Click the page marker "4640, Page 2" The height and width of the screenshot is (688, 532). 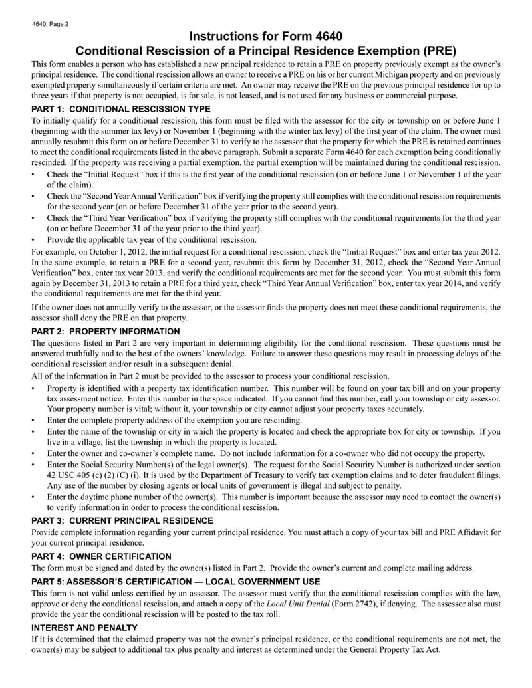click(50, 24)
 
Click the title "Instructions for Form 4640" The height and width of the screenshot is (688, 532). click(266, 36)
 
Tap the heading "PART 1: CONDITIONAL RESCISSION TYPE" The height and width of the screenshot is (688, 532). click(121, 108)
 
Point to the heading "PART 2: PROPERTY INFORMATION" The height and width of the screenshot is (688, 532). click(106, 331)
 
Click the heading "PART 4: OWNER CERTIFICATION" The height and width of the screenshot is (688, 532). click(101, 556)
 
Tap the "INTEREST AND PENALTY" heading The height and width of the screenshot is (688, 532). click(84, 628)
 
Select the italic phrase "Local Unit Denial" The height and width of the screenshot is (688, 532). click(298, 604)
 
